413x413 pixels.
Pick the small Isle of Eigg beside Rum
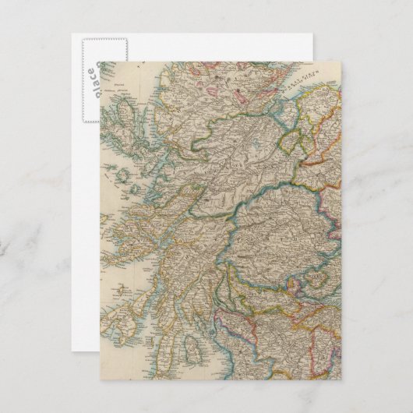point(133,187)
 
